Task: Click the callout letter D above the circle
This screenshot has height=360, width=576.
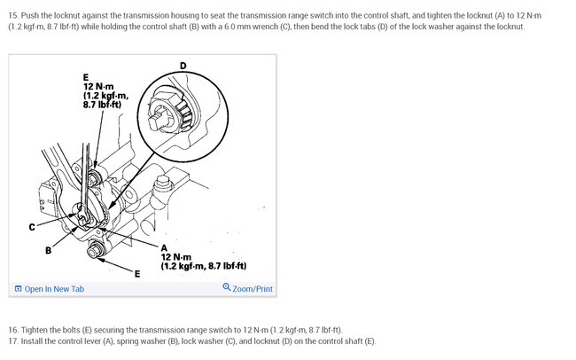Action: tap(183, 65)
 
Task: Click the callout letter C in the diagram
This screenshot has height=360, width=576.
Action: tap(32, 228)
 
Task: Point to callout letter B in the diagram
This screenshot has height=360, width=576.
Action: tap(49, 251)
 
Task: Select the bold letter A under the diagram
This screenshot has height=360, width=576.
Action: tap(164, 247)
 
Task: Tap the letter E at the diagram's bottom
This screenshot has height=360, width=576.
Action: tap(136, 273)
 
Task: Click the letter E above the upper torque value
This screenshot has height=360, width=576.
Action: tap(86, 77)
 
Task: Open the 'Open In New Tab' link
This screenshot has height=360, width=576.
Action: tap(54, 289)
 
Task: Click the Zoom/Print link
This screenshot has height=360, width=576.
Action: tap(253, 289)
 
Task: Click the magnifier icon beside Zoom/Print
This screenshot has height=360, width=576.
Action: tap(227, 288)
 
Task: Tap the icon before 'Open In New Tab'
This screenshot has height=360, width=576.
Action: tap(18, 289)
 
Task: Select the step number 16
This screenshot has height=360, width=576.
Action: tap(12, 329)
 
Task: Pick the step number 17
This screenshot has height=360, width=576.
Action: tap(12, 341)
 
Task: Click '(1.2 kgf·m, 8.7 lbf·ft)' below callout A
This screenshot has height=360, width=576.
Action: tap(203, 266)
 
